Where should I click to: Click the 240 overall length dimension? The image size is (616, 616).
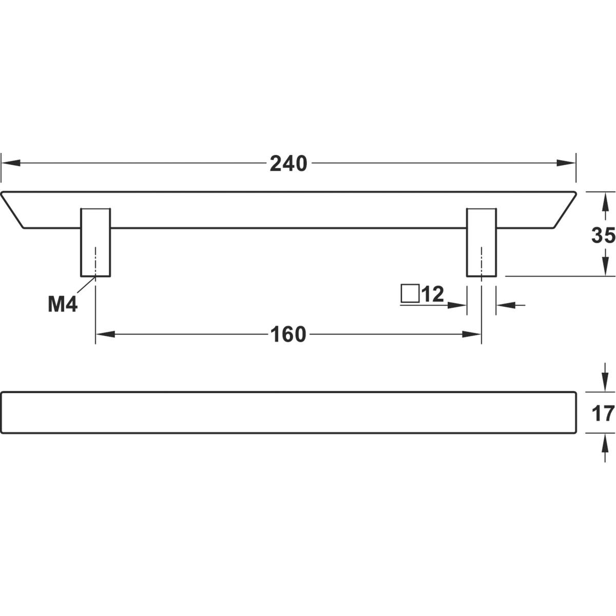(x=288, y=164)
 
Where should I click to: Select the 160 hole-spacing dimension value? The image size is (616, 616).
(x=288, y=335)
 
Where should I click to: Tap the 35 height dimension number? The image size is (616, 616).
(x=603, y=235)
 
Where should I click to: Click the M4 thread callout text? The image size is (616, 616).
(x=63, y=304)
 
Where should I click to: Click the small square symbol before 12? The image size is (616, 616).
(x=410, y=293)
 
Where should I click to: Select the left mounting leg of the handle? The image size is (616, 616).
(x=95, y=242)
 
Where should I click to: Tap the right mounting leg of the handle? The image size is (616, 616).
(x=482, y=242)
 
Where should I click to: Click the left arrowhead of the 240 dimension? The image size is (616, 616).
(x=11, y=163)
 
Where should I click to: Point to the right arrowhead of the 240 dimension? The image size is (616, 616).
(x=566, y=163)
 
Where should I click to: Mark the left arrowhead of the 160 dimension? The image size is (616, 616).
(x=106, y=334)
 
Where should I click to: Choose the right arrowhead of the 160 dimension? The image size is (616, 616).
(x=472, y=334)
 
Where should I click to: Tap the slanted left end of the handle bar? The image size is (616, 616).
(x=12, y=210)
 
